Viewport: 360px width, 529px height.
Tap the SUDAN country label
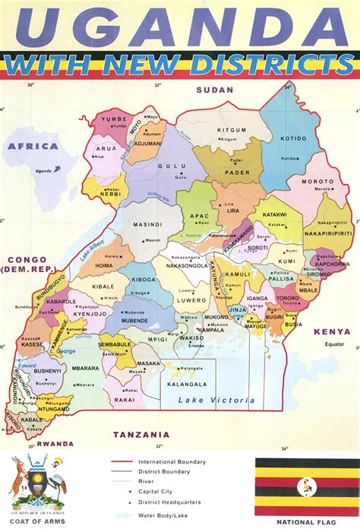[x=214, y=90]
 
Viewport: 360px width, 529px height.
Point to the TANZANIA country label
[x=140, y=435]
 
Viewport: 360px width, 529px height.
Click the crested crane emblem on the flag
[x=307, y=484]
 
